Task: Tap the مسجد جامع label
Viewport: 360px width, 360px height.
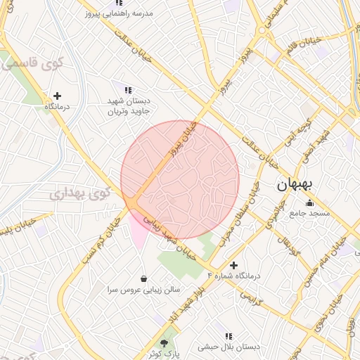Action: coord(311,214)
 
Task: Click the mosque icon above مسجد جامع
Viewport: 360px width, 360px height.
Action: coord(310,203)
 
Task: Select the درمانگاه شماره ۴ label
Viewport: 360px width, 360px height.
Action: coord(233,276)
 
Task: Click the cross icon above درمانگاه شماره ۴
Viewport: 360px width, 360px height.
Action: coord(234,265)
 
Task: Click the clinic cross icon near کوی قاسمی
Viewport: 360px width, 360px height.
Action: coord(57,96)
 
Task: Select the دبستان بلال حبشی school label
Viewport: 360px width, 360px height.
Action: coord(228,347)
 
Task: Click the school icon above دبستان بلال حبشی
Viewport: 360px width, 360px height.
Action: coord(228,336)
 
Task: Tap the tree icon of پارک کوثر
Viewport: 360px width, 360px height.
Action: coord(165,342)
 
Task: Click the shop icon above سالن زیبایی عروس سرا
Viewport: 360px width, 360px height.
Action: coord(144,278)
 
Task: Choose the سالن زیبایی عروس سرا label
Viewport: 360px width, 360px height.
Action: coord(144,289)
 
